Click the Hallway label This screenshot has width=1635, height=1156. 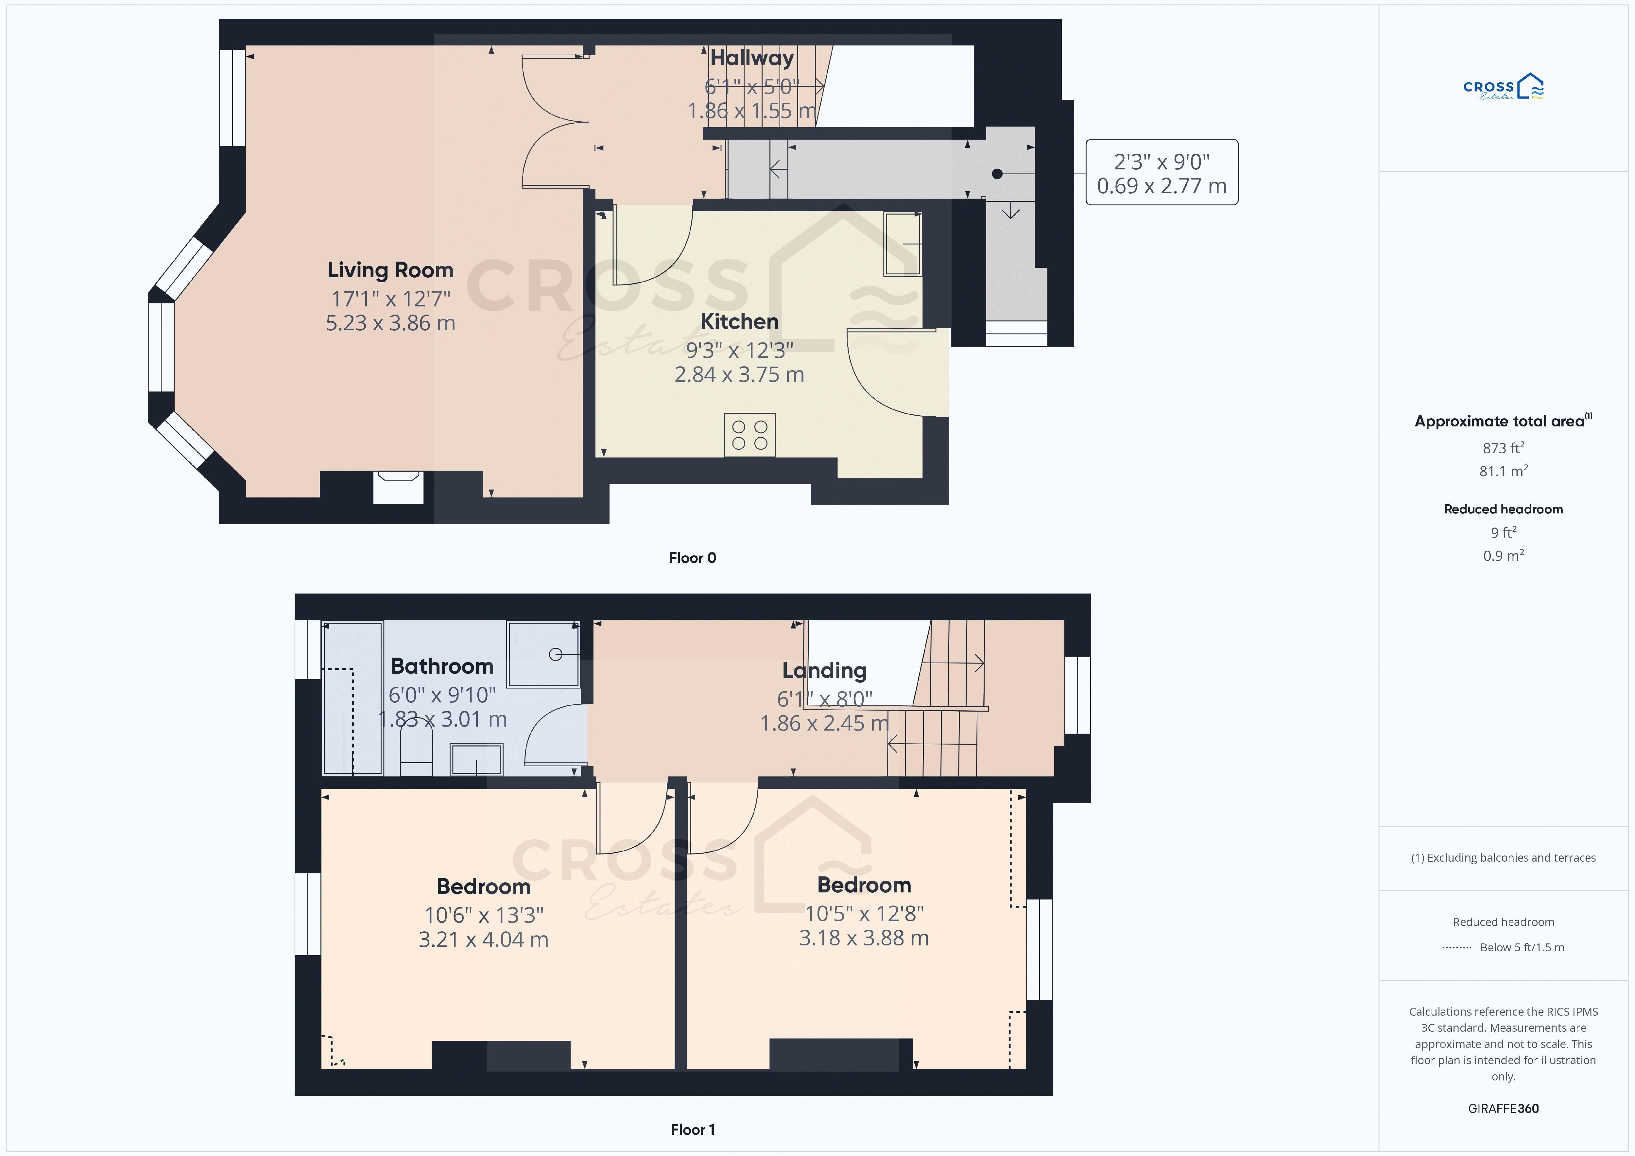(x=752, y=58)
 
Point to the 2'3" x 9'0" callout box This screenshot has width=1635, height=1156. (x=1162, y=172)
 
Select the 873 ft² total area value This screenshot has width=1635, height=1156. (x=1503, y=447)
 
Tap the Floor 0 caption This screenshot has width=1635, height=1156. (x=692, y=558)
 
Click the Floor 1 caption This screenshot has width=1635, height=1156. (x=692, y=1130)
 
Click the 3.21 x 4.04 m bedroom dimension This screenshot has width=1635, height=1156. (x=484, y=940)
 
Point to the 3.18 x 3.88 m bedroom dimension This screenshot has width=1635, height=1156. (x=864, y=938)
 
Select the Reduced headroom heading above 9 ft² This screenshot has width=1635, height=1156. (x=1503, y=509)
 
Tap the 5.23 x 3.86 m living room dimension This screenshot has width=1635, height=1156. (x=390, y=323)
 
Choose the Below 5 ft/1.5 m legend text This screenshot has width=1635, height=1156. (x=1522, y=947)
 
